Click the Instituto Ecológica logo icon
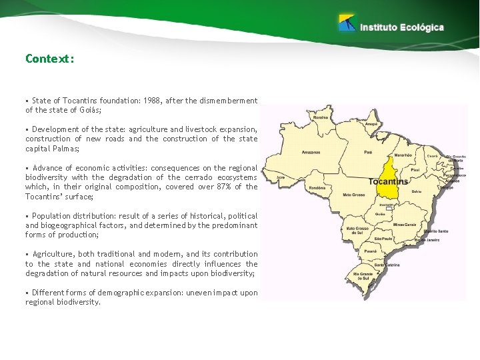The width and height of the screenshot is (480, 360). pyautogui.click(x=347, y=23)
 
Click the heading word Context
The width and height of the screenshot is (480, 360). pyautogui.click(x=48, y=59)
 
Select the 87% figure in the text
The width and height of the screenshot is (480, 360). pyautogui.click(x=220, y=187)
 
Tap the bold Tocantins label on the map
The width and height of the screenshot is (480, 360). pyautogui.click(x=389, y=181)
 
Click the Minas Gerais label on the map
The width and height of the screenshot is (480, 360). pyautogui.click(x=405, y=224)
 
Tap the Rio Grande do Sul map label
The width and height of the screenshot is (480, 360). pyautogui.click(x=362, y=276)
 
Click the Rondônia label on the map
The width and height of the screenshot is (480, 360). pyautogui.click(x=317, y=189)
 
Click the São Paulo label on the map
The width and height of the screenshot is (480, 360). pyautogui.click(x=384, y=238)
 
